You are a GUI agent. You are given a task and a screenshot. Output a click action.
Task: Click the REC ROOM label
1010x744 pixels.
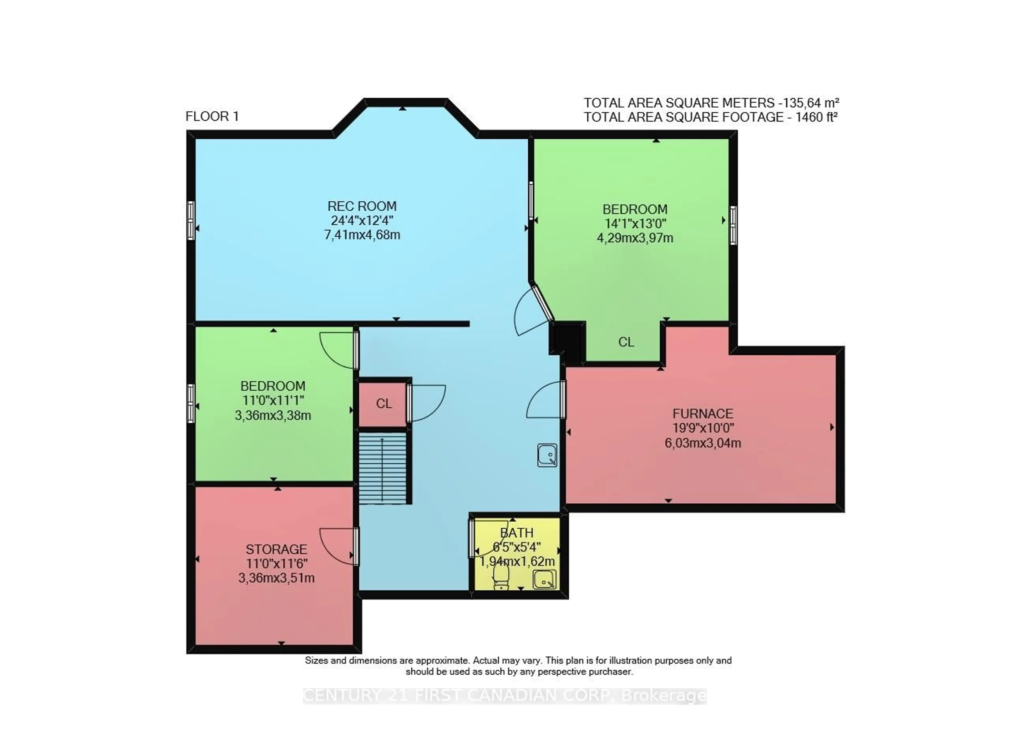pyautogui.click(x=362, y=206)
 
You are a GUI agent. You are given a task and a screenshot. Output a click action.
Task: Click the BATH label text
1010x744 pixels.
pyautogui.click(x=517, y=533)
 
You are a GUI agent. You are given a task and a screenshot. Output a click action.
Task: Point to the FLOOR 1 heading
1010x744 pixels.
pyautogui.click(x=212, y=117)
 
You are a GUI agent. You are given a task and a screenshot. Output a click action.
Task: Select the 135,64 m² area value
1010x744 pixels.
pyautogui.click(x=811, y=103)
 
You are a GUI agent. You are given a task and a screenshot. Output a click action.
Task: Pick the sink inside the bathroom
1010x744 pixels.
pyautogui.click(x=544, y=580)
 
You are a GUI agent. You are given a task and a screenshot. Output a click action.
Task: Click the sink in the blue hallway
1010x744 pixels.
pyautogui.click(x=547, y=455)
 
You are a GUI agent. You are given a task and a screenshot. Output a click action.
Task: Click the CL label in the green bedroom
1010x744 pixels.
pyautogui.click(x=626, y=342)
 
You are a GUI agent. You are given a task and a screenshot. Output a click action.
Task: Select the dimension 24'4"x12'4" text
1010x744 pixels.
pyautogui.click(x=362, y=221)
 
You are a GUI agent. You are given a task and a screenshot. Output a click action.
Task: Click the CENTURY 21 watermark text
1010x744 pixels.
pyautogui.click(x=504, y=696)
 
